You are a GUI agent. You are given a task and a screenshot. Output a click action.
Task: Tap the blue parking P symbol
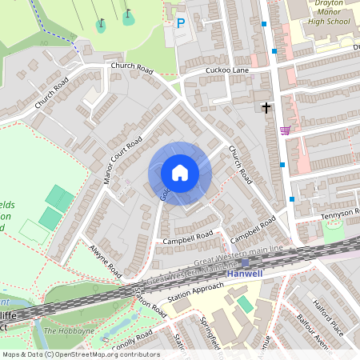[180, 24]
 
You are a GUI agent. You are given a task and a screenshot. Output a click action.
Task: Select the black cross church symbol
[266, 106]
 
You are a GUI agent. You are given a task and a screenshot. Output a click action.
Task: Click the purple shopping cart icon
[285, 130]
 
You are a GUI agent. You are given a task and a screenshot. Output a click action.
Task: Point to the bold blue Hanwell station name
[245, 274]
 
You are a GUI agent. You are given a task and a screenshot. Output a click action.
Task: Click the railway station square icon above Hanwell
[245, 262]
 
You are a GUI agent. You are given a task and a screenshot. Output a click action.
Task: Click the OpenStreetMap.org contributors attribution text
[104, 354]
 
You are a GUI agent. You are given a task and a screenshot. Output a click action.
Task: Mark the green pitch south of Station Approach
[244, 304]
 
